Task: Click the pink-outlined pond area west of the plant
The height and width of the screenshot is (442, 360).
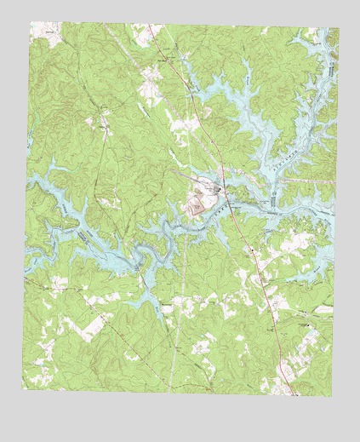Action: pyautogui.click(x=195, y=204)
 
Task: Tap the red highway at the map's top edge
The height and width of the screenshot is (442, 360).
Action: pyautogui.click(x=151, y=27)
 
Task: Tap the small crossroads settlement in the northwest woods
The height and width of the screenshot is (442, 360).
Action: pyautogui.click(x=103, y=127)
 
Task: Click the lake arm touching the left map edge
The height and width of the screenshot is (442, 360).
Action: pyautogui.click(x=34, y=181)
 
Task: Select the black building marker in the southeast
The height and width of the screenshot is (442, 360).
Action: pyautogui.click(x=305, y=324)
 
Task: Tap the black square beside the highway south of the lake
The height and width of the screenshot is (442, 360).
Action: pyautogui.click(x=253, y=249)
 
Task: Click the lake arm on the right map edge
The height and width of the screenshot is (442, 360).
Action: pyautogui.click(x=330, y=213)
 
